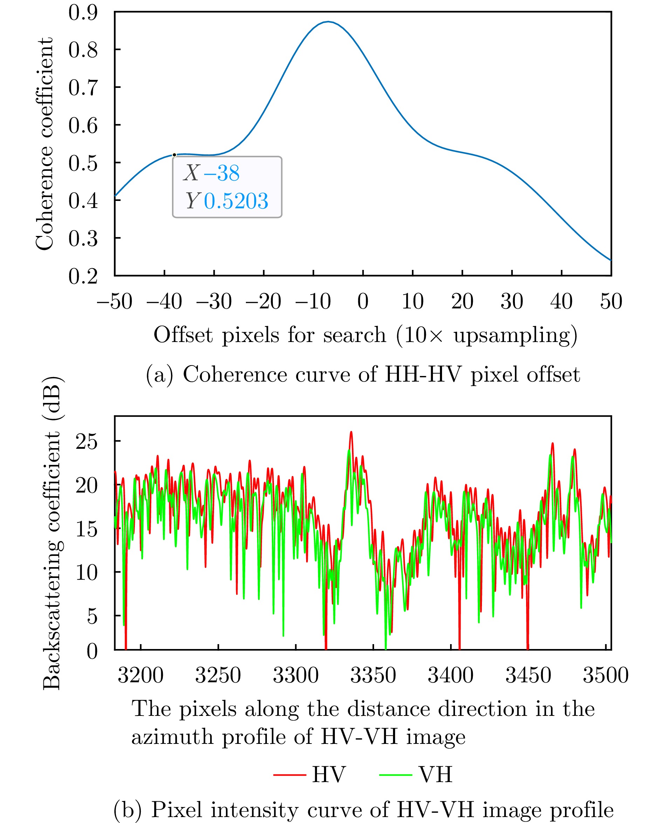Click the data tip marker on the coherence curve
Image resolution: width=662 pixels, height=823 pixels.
click(x=174, y=155)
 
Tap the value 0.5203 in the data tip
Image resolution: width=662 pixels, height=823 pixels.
click(x=236, y=201)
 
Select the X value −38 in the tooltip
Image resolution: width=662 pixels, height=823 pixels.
click(x=222, y=173)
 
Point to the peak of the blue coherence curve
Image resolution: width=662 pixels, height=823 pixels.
click(x=328, y=22)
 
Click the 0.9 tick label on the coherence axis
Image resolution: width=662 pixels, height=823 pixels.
click(x=83, y=13)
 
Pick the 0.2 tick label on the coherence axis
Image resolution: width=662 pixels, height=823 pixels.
click(x=83, y=276)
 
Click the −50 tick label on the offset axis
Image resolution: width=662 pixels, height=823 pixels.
click(x=115, y=301)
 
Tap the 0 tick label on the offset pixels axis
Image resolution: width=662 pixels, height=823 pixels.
click(x=363, y=301)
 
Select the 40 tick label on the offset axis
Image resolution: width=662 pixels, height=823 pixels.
click(x=561, y=301)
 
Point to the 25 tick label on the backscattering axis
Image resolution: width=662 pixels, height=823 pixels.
click(x=87, y=442)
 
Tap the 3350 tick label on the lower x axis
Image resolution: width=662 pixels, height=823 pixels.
click(x=373, y=675)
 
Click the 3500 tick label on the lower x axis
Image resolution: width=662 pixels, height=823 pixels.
click(x=606, y=675)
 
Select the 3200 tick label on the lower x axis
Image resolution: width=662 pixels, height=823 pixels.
click(x=140, y=675)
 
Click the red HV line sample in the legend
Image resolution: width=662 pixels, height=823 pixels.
click(x=290, y=775)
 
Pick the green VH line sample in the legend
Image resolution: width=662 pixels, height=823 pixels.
click(x=396, y=775)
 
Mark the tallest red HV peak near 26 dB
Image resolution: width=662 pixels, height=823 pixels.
click(x=351, y=432)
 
